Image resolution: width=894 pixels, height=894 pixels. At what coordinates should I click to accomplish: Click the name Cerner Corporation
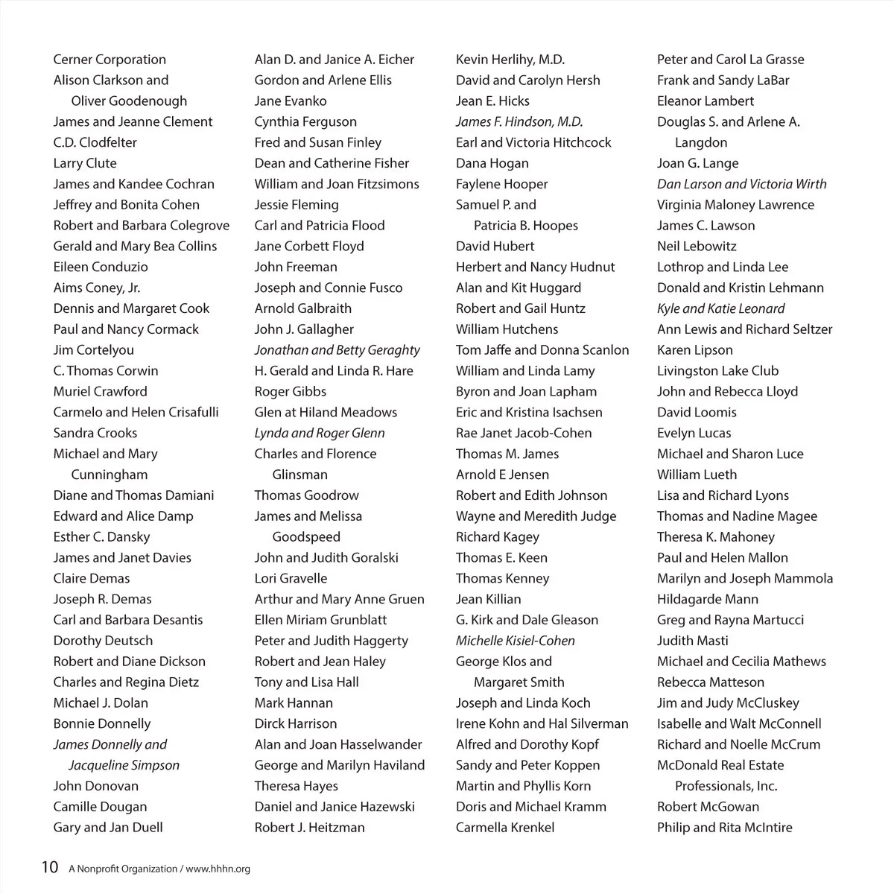110,60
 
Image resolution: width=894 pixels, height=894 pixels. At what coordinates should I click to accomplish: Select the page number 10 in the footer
49,867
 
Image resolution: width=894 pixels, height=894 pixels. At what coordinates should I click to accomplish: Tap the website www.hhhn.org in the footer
218,869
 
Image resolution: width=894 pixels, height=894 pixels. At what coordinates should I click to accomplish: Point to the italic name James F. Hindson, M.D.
519,121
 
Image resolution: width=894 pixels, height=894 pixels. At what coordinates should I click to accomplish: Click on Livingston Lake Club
717,370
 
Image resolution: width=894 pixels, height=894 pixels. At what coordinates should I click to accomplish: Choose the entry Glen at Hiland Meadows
326,412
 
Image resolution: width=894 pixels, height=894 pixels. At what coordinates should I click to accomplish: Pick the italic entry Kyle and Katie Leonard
720,308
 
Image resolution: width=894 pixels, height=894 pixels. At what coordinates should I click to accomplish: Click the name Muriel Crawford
100,391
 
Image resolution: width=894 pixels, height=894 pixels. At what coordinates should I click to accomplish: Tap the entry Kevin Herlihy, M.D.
510,60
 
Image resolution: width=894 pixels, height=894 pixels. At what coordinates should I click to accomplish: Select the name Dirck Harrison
295,723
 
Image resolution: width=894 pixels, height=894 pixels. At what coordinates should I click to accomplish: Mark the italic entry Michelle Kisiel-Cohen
515,641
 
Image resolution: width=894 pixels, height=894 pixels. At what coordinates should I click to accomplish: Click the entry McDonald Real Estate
720,765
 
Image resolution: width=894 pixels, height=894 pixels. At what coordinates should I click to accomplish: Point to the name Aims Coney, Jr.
96,288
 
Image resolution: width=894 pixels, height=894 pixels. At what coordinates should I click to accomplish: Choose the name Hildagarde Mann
707,599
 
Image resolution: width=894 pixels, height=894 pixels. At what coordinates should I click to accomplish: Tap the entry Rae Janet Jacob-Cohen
524,433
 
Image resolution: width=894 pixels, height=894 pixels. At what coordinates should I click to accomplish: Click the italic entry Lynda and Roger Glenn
320,433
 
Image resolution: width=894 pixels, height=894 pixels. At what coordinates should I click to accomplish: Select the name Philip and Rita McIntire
724,827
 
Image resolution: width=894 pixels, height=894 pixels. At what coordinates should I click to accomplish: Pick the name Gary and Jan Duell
107,827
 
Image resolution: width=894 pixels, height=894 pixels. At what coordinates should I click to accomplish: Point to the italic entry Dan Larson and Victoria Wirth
741,184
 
